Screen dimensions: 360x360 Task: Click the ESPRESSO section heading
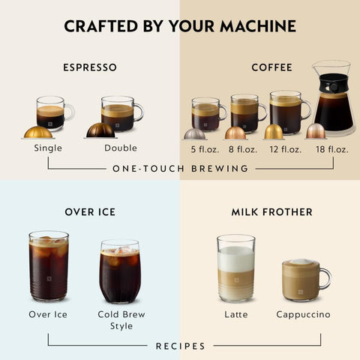click(90, 67)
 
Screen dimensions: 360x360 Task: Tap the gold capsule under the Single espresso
click(37, 132)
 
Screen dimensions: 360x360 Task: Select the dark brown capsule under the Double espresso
click(100, 130)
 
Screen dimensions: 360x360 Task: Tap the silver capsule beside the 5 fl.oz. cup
click(195, 133)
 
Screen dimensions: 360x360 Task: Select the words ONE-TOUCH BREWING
click(180, 169)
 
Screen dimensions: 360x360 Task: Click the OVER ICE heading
click(90, 212)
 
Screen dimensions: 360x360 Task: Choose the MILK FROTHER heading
click(271, 212)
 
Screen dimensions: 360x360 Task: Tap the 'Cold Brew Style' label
click(121, 320)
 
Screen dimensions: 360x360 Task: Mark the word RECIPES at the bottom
click(180, 346)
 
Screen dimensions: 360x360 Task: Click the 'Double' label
click(121, 148)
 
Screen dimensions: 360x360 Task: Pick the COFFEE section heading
click(271, 67)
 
